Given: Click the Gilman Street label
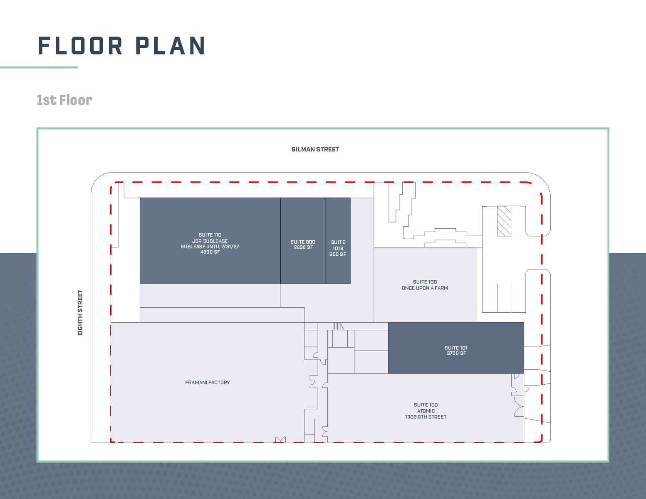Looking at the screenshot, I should [x=315, y=149].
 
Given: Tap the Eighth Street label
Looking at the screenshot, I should [x=80, y=313].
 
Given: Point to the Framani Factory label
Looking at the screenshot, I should [x=207, y=383].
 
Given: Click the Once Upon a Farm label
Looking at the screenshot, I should [x=425, y=288].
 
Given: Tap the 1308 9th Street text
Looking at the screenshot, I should [x=426, y=417].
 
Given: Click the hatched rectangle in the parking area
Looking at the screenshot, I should [x=504, y=221].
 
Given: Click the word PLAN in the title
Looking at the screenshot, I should [x=171, y=46].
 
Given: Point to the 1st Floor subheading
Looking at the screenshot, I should [x=64, y=100].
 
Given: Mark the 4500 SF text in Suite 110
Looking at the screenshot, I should [x=210, y=252].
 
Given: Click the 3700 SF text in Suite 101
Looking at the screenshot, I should [x=456, y=353].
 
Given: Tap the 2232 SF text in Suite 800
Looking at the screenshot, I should [x=303, y=247].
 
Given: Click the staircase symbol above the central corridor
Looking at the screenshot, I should [x=338, y=326].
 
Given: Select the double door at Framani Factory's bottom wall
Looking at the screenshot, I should [x=280, y=440].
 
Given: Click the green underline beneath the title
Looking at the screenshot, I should [x=39, y=67].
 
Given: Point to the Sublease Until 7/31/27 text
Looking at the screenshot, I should [x=210, y=247].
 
